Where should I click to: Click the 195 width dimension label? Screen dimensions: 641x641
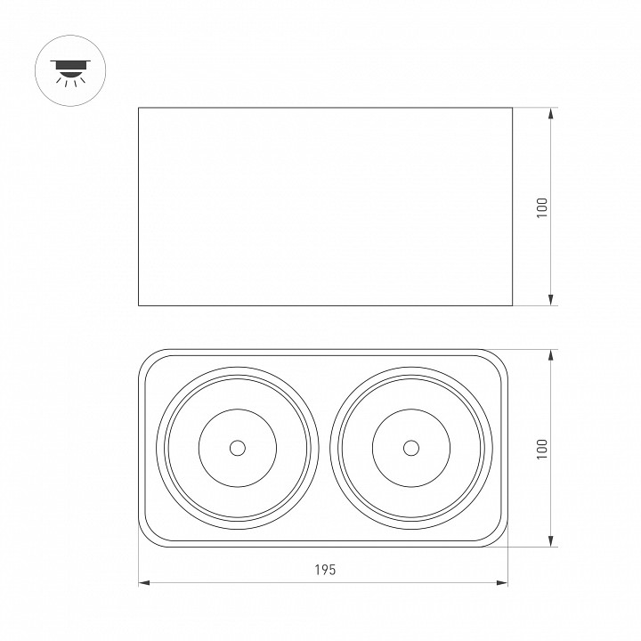325,571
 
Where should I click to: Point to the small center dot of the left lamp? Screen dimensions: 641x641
237,448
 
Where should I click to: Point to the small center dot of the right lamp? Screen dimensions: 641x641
411,448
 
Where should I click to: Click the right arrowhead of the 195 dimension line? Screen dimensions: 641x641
505,584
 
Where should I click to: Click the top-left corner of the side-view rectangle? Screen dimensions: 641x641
139,108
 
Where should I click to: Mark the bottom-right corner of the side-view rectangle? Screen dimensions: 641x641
511,305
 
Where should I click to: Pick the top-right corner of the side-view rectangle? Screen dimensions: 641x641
511,108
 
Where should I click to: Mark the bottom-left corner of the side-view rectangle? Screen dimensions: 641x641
139,305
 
